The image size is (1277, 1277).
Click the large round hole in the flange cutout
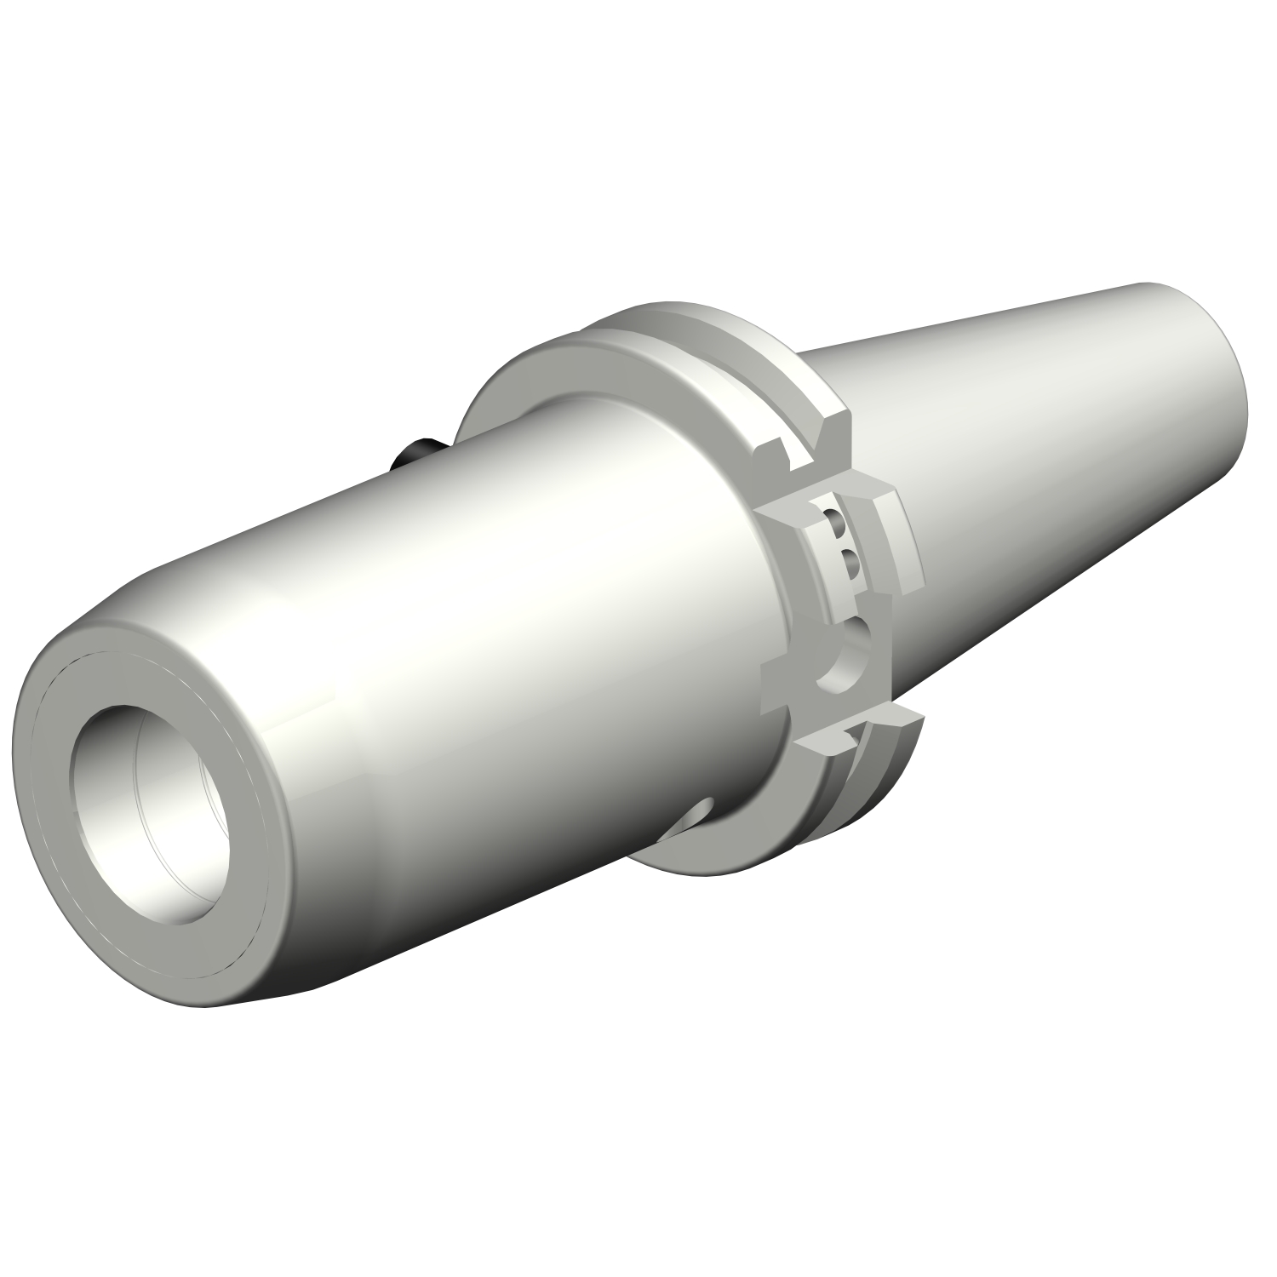pyautogui.click(x=847, y=651)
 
